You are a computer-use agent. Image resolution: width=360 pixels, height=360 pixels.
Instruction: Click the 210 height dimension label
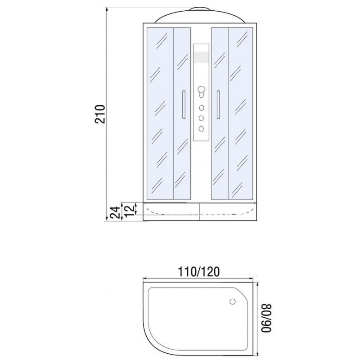100,114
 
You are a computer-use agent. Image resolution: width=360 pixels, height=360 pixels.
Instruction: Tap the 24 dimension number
115,212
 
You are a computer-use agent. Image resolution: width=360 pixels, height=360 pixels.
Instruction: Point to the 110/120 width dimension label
199,272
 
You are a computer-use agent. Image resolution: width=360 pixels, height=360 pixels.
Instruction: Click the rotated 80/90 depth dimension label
266,318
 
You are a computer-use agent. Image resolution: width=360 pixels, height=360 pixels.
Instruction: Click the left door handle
183,104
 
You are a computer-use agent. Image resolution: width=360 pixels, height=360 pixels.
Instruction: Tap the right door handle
218,104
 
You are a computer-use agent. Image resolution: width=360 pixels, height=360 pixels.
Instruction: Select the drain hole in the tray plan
233,301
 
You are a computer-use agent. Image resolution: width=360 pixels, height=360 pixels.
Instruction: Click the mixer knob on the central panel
201,92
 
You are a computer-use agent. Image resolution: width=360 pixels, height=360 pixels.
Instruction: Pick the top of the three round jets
201,108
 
